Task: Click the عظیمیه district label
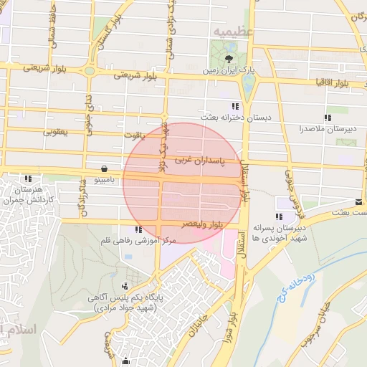click(x=230, y=32)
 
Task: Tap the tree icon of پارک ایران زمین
click(x=229, y=58)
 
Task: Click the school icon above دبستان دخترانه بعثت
click(x=235, y=106)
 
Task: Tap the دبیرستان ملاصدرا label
click(x=327, y=130)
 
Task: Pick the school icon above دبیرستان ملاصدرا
click(x=327, y=118)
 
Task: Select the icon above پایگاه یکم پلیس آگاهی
click(x=125, y=287)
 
